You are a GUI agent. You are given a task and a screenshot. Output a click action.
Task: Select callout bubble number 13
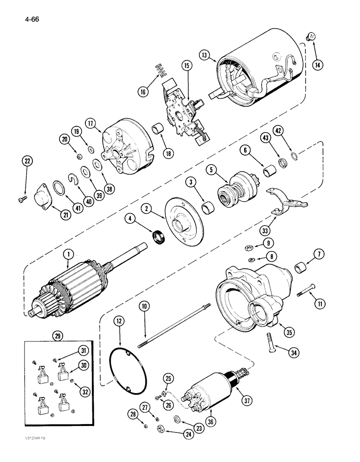click(x=204, y=55)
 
